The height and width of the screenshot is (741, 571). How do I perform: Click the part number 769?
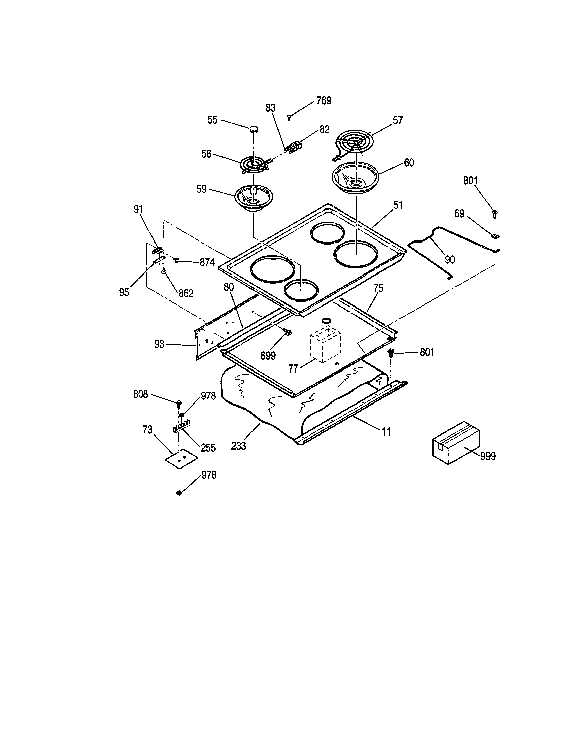coord(324,101)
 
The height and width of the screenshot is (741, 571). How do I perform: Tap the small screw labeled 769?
coord(289,117)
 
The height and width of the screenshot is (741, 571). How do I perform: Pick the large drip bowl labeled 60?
coord(355,180)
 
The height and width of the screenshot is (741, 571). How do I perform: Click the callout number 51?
coord(398,205)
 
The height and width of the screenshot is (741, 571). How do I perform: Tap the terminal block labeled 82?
coord(294,148)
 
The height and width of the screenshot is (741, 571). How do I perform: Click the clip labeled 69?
coord(495,235)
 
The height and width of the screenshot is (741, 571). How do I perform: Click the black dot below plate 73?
coord(179,493)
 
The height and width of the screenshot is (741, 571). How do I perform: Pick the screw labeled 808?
coord(178,404)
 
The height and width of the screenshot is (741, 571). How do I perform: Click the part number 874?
coord(207,263)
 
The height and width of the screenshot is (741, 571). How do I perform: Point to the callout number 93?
coord(159,344)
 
